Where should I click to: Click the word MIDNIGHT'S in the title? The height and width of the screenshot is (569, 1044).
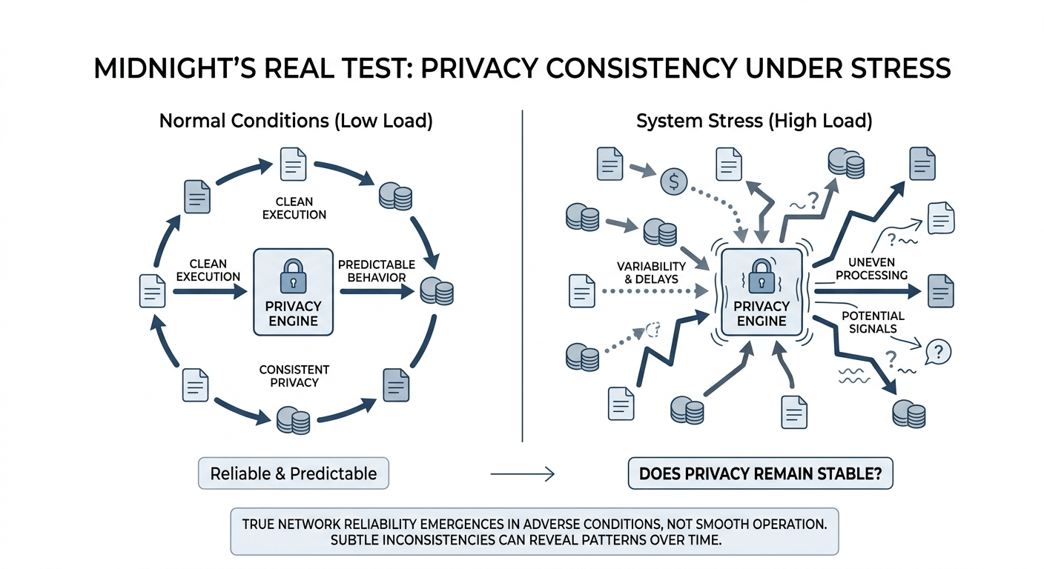point(175,68)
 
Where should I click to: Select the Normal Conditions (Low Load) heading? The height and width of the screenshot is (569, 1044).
point(296,121)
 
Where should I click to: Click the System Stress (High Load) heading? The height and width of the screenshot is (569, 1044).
point(754,121)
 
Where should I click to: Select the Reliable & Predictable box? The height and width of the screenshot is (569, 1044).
point(294,473)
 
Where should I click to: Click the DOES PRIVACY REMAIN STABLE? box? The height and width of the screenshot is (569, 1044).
point(761,473)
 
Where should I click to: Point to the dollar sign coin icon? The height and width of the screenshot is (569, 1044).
point(674,181)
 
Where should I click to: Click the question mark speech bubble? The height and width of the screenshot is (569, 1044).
point(938,352)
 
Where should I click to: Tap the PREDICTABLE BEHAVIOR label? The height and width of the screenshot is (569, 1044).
point(377,271)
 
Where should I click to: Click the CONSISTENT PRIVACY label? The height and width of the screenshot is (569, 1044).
point(294,376)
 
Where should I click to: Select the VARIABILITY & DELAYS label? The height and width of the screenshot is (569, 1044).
point(651,273)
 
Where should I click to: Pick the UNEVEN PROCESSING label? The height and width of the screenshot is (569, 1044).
point(871,269)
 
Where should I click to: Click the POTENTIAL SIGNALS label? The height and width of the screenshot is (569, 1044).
point(873,322)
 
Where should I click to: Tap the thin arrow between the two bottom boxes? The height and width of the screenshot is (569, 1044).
point(523,474)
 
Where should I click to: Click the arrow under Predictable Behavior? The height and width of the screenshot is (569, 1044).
point(377,292)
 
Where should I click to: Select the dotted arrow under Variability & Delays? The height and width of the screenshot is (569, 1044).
point(655,291)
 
